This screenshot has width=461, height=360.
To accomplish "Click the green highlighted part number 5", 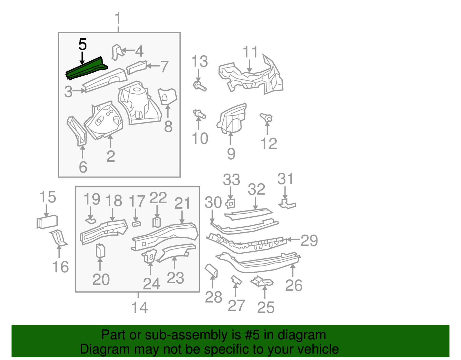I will tap(86, 69).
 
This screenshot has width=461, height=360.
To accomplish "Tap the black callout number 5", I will tap(82, 45).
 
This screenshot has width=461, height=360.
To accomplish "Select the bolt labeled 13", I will tap(199, 86).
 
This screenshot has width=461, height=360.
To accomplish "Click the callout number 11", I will tap(250, 52).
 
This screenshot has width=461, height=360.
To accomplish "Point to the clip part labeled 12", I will tap(267, 118).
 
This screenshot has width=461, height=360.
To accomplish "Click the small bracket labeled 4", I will tap(117, 52).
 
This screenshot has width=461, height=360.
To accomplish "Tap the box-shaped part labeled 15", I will tap(47, 222).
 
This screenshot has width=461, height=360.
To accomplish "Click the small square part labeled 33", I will tap(231, 203).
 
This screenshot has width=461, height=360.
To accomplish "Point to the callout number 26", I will tap(294, 285).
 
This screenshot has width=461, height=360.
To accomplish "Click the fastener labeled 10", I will tap(199, 114).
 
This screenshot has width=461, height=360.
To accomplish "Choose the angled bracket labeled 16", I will tap(59, 238).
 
